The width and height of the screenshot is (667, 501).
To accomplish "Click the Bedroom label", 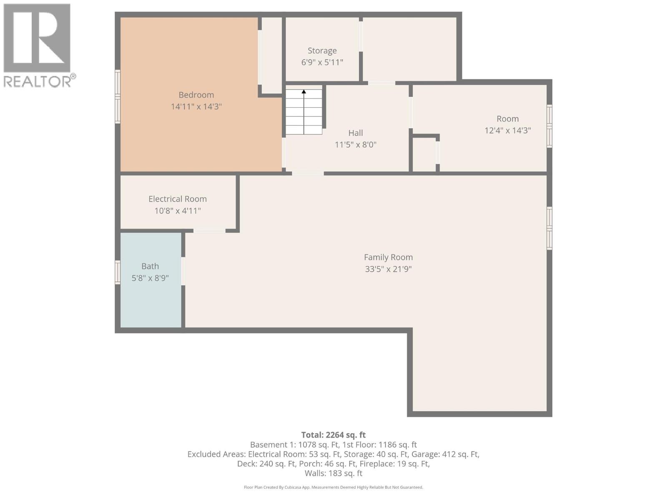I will pyautogui.click(x=196, y=95).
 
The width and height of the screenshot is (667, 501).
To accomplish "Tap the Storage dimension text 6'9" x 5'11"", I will pyautogui.click(x=322, y=62).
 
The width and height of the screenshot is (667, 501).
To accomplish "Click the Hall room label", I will pyautogui.click(x=355, y=133).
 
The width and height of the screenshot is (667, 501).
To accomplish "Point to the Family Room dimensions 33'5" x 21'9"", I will pyautogui.click(x=388, y=269).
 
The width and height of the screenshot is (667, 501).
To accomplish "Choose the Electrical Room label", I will pyautogui.click(x=178, y=199).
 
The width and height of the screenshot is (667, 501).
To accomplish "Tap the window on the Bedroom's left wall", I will pyautogui.click(x=118, y=97).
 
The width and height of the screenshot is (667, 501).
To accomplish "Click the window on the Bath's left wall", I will pyautogui.click(x=118, y=273).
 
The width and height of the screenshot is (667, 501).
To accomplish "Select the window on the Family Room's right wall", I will pyautogui.click(x=549, y=228).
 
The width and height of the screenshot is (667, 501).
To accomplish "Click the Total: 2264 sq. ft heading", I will pyautogui.click(x=333, y=435).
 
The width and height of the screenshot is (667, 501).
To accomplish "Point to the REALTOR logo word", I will pyautogui.click(x=40, y=81).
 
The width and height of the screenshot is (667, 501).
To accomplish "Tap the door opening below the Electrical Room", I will pyautogui.click(x=209, y=230).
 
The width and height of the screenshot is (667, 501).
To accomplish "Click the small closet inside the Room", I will pyautogui.click(x=424, y=154).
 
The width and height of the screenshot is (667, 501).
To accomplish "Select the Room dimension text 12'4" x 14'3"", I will pyautogui.click(x=507, y=130).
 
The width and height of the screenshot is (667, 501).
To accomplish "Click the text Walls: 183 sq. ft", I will pyautogui.click(x=333, y=473).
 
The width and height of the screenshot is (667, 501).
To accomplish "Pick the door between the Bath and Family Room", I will pyautogui.click(x=183, y=271).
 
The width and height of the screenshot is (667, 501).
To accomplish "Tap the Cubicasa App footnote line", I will pyautogui.click(x=333, y=487).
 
